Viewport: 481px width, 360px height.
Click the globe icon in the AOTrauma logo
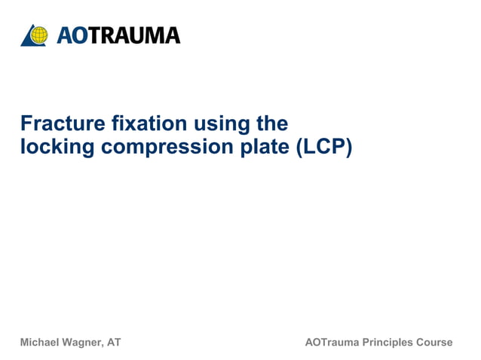(38, 35)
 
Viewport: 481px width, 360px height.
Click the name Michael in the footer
(41, 343)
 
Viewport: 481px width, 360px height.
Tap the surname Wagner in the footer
(84, 343)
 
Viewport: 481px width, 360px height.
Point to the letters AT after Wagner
(114, 343)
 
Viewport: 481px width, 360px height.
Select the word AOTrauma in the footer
(331, 343)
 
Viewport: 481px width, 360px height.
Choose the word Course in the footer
(435, 343)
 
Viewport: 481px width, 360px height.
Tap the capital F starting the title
(26, 123)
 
